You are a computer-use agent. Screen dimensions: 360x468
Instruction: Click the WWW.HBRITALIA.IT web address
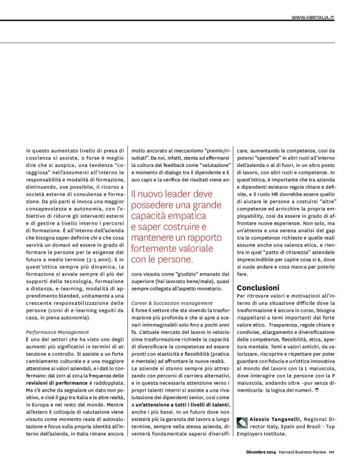[313, 18]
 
